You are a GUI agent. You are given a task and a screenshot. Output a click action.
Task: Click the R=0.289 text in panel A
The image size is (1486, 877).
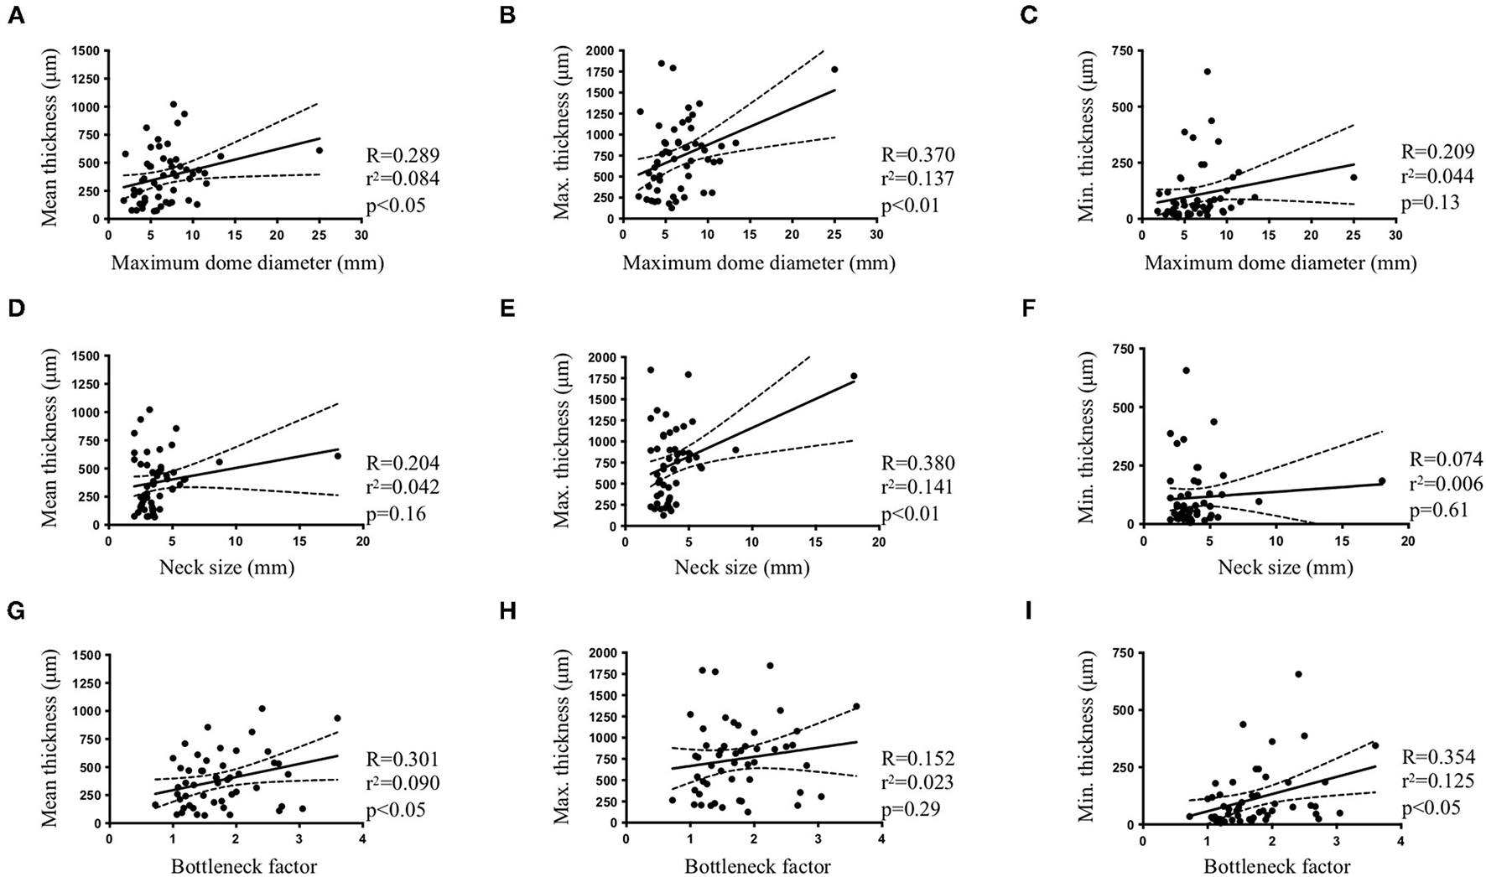[x=403, y=156]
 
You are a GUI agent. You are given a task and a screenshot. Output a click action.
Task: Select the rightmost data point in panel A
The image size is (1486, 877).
[x=319, y=151]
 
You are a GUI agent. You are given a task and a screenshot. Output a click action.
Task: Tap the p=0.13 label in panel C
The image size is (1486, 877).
[x=1431, y=202]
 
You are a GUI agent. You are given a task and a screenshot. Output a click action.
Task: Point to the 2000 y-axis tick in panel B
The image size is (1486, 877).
[x=601, y=50]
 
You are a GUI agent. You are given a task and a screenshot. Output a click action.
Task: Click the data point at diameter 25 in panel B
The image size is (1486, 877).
[x=834, y=70]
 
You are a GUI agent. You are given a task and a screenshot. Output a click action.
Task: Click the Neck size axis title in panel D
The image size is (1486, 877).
[x=226, y=568]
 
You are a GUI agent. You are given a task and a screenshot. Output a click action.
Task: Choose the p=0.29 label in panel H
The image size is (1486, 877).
[x=916, y=810]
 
